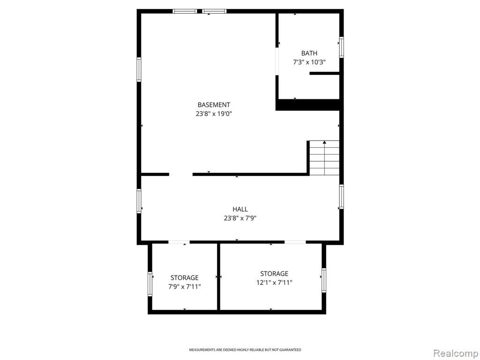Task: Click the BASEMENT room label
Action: (214, 105)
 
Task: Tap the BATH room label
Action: (309, 53)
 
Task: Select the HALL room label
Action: (240, 210)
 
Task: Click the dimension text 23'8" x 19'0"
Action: (214, 114)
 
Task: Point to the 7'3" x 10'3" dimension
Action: (309, 62)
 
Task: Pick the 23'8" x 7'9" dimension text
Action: (240, 218)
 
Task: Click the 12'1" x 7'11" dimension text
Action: (274, 283)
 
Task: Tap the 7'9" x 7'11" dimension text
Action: (184, 287)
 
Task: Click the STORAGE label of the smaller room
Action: (184, 278)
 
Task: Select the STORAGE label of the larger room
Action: (274, 274)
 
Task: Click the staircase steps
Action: (324, 158)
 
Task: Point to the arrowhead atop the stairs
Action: (324, 142)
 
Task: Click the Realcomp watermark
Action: (455, 353)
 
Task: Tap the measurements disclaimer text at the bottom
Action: (245, 350)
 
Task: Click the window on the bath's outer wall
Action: (341, 47)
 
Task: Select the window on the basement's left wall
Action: (139, 69)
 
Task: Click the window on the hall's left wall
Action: (139, 201)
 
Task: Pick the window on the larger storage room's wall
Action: (324, 280)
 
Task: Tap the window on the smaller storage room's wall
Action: (150, 284)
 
